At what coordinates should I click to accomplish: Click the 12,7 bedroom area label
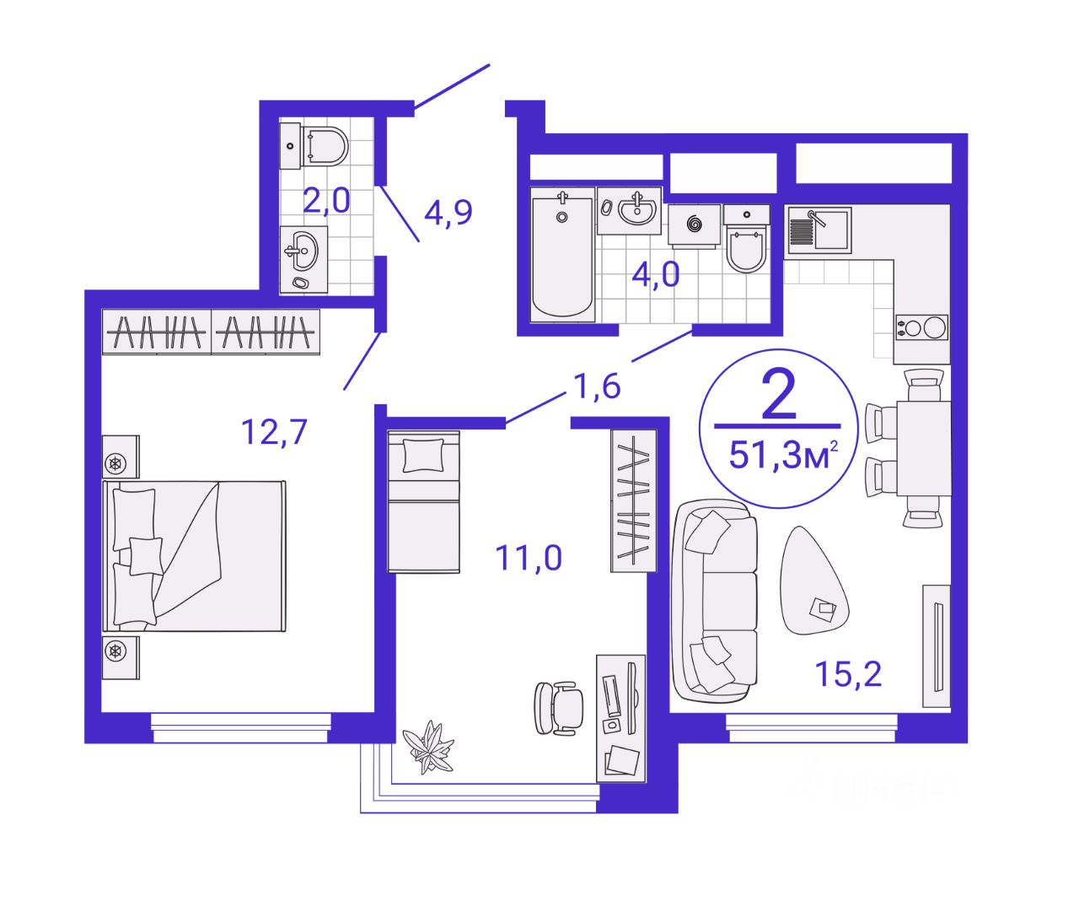(x=274, y=433)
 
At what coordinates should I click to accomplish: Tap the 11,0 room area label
(x=529, y=558)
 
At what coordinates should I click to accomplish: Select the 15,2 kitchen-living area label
(x=848, y=673)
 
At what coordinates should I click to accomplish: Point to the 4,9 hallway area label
(x=448, y=213)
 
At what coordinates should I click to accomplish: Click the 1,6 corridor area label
(x=597, y=386)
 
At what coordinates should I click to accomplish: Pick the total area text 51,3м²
(x=783, y=455)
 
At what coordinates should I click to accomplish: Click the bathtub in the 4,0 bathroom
(x=562, y=255)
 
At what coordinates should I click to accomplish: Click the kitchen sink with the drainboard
(x=819, y=230)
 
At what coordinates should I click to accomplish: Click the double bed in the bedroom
(x=194, y=557)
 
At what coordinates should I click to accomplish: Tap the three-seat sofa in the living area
(x=714, y=601)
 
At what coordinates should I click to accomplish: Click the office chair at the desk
(x=558, y=709)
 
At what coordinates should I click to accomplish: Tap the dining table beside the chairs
(x=923, y=448)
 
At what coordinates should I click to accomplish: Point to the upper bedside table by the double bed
(x=121, y=456)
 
